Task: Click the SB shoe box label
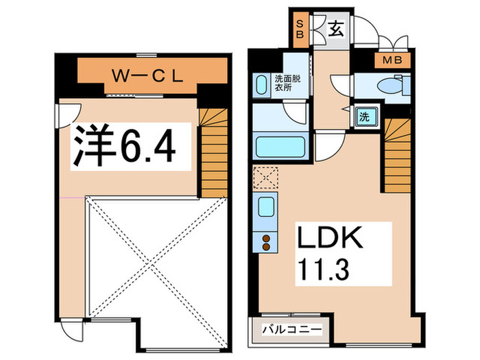[x=300, y=29]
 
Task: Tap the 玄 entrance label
[x=335, y=29]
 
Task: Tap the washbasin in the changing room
[x=261, y=86]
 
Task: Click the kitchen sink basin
[x=264, y=206]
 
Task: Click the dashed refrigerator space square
[x=264, y=178]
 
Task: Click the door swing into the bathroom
[x=293, y=112]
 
